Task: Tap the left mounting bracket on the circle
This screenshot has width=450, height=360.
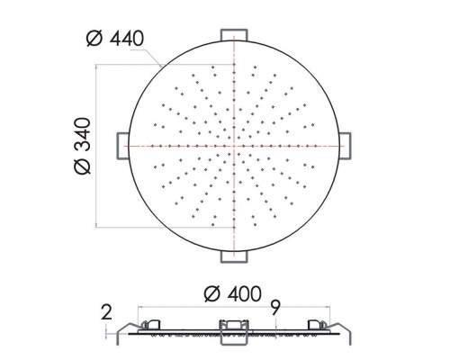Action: [x=121, y=145]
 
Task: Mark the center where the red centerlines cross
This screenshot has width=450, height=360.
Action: [x=234, y=145]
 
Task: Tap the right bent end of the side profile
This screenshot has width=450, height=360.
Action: [x=345, y=329]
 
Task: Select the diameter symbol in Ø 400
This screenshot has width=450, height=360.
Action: [x=211, y=293]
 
